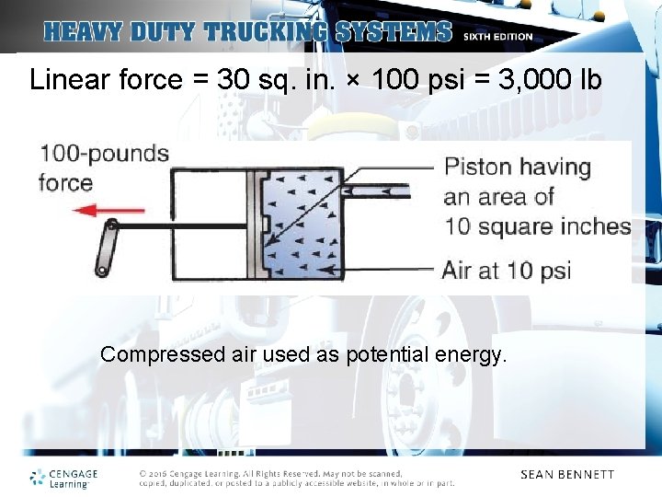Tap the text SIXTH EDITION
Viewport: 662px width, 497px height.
pyautogui.click(x=497, y=37)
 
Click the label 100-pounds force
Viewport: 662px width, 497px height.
pyautogui.click(x=103, y=167)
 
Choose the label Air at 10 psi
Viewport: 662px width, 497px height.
pyautogui.click(x=507, y=271)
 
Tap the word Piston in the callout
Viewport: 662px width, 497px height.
pyautogui.click(x=476, y=167)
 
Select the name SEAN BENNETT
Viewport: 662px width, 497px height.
pyautogui.click(x=566, y=475)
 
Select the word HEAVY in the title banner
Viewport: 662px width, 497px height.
pyautogui.click(x=86, y=32)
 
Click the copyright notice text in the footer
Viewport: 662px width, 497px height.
pyautogui.click(x=296, y=478)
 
